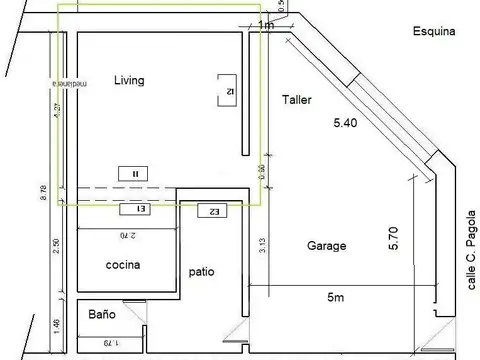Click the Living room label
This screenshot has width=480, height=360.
(x=130, y=81)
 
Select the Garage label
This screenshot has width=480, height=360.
(x=326, y=245)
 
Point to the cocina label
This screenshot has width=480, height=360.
(x=123, y=265)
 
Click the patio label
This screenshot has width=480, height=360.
(x=201, y=271)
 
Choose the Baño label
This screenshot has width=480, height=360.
(x=101, y=314)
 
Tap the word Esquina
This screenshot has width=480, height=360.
(x=433, y=31)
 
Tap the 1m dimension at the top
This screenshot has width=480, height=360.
(x=265, y=25)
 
